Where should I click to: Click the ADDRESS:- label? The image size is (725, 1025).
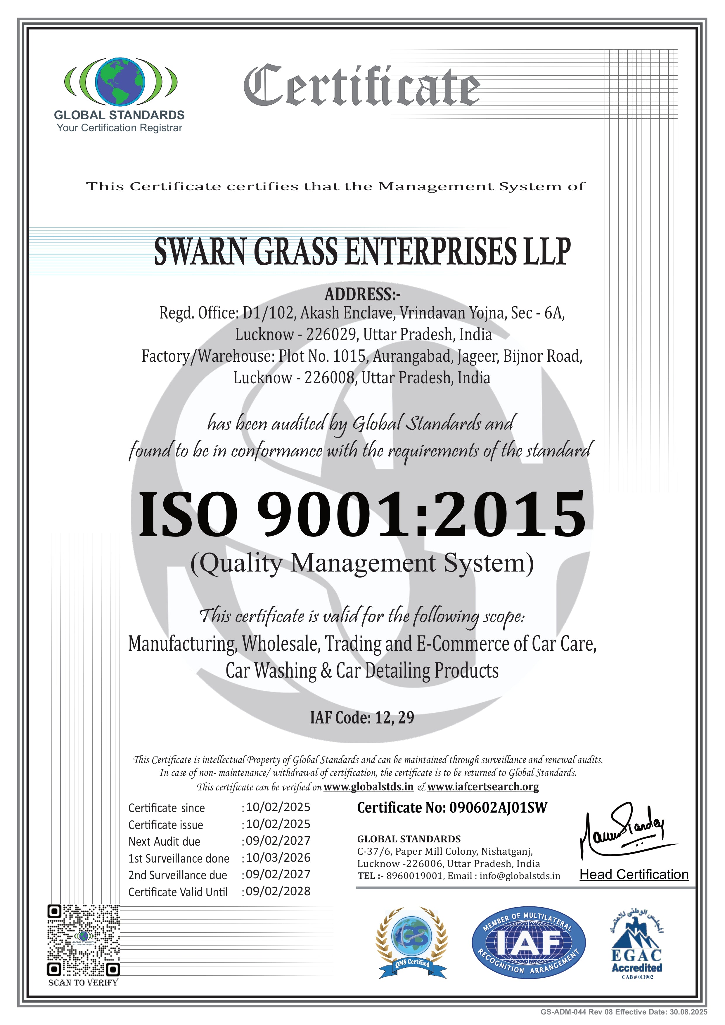(362, 294)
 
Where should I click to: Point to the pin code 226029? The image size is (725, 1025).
(331, 334)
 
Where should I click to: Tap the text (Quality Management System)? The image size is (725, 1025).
(362, 563)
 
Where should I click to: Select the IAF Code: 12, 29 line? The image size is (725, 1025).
(362, 717)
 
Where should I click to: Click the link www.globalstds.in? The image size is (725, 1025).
(368, 786)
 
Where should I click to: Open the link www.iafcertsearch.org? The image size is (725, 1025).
(482, 786)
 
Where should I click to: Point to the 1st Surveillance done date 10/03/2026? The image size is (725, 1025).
(278, 857)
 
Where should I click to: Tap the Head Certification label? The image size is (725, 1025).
(634, 875)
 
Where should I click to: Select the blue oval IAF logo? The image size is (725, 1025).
(529, 943)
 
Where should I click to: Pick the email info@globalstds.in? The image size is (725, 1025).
(520, 875)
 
